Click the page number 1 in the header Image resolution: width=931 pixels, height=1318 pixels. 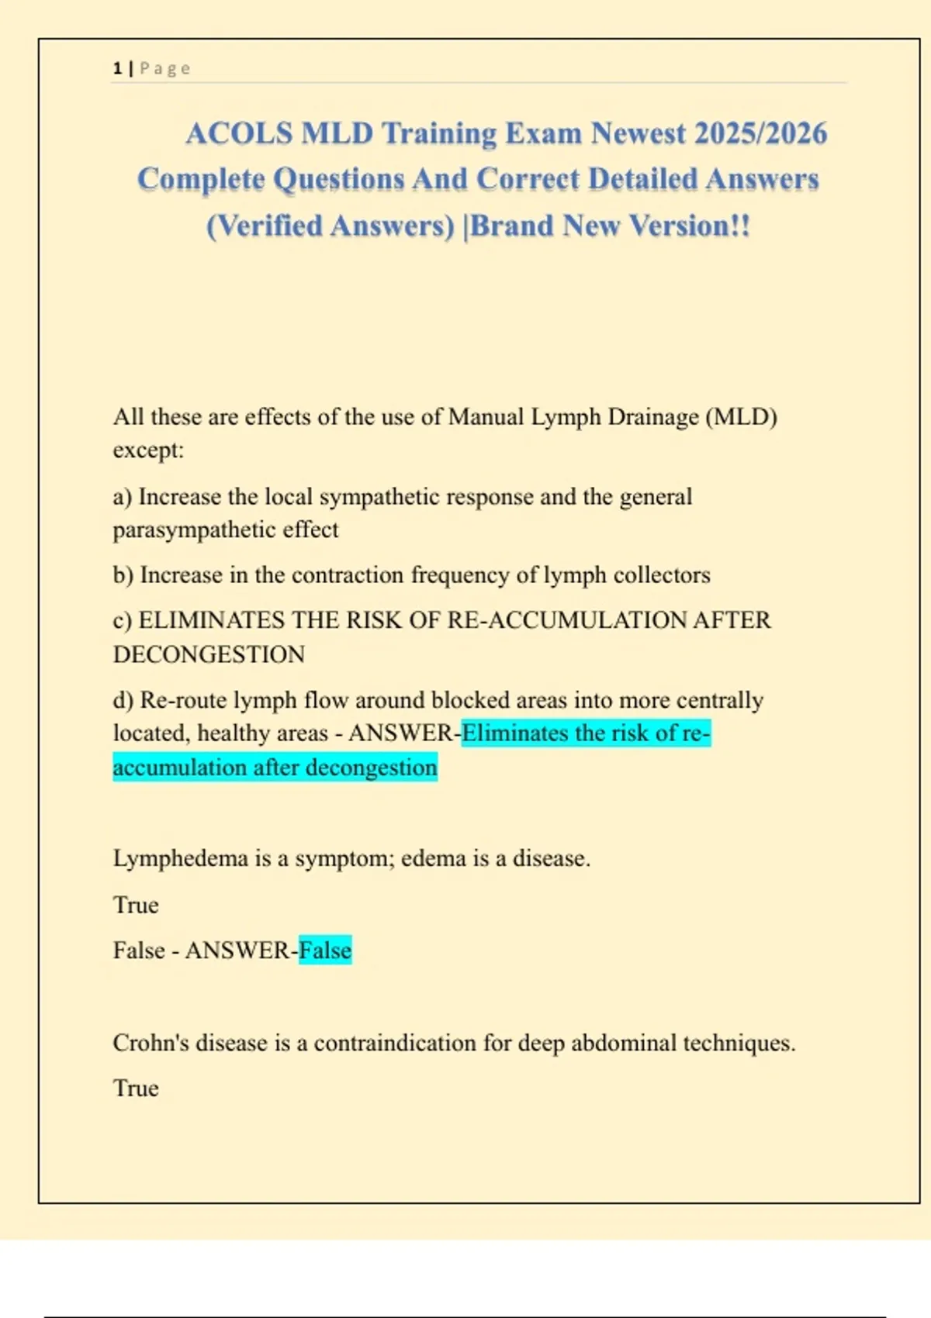[117, 68]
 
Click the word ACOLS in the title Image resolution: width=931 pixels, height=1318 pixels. [239, 133]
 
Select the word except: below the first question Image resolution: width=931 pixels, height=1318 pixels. [148, 450]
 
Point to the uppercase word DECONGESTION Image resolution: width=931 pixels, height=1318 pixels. [209, 655]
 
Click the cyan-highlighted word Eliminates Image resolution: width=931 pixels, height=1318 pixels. [515, 733]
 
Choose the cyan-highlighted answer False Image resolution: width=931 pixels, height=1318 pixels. [325, 951]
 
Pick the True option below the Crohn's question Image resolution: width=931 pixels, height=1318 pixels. [136, 1089]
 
